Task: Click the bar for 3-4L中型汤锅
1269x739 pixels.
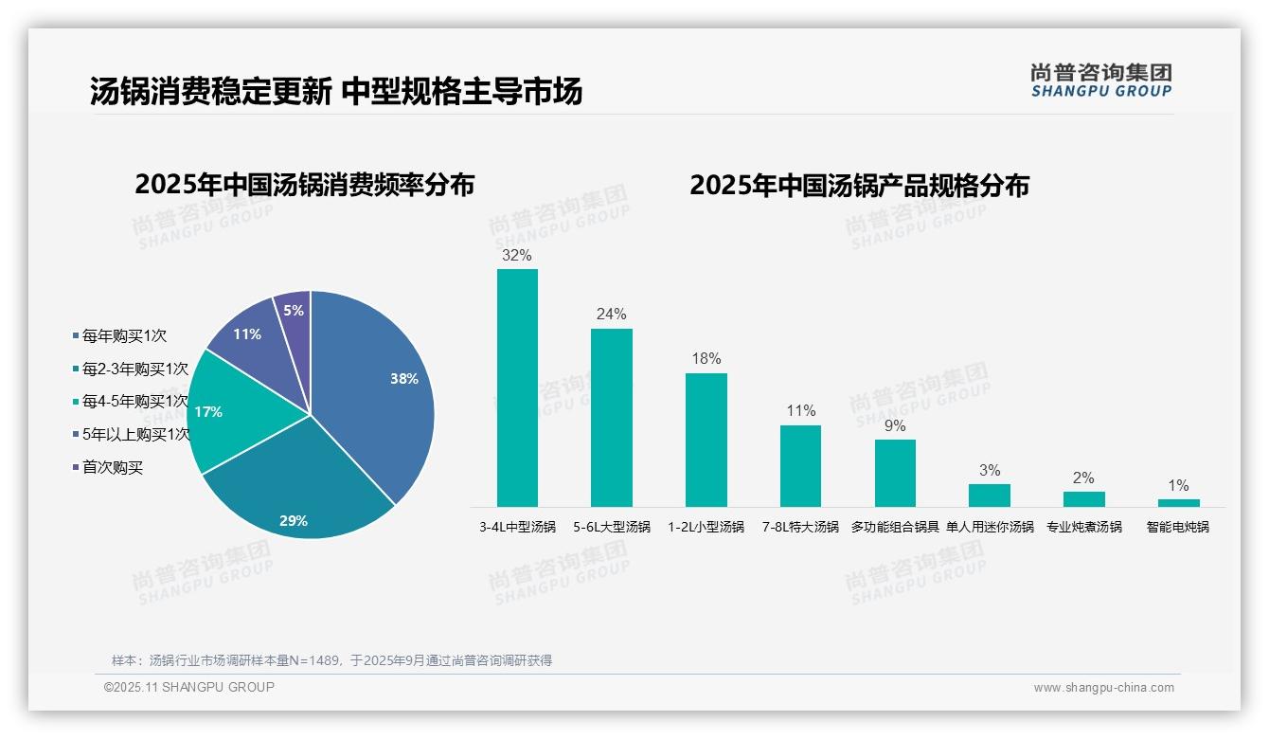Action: point(517,388)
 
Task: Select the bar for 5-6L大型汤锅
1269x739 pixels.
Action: point(611,417)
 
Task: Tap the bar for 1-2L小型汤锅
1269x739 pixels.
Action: point(706,440)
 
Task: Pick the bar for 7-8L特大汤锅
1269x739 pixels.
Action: point(800,465)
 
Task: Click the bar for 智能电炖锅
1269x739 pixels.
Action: point(1178,502)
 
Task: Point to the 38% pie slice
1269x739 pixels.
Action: point(379,388)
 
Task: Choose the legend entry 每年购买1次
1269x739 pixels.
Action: point(123,335)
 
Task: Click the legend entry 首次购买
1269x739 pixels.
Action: point(112,467)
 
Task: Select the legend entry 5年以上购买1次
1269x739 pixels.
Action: point(135,435)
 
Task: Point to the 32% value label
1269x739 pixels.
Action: point(517,256)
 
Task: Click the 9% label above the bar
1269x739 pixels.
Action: point(894,426)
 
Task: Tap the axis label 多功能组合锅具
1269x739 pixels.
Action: point(894,527)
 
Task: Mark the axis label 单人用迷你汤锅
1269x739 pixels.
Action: point(990,527)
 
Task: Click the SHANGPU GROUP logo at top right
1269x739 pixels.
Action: point(1100,81)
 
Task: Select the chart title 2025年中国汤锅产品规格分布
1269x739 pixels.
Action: point(859,186)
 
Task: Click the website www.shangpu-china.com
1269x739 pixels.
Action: point(1103,688)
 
